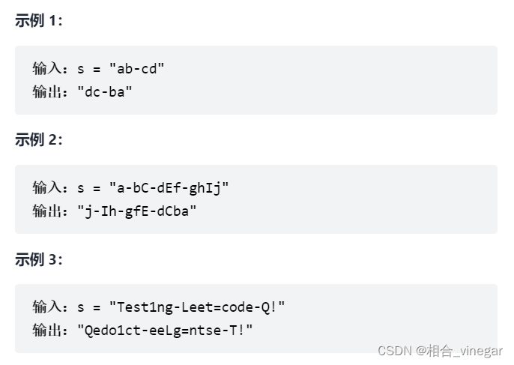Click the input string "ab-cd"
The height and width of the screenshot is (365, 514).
tap(136, 69)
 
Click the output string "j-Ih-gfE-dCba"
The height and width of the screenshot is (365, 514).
tap(137, 211)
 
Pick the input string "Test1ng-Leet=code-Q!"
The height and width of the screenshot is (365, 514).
tap(197, 307)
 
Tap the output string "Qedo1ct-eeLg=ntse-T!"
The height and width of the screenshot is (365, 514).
tap(165, 331)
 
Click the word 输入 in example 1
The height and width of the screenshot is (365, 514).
tap(47, 69)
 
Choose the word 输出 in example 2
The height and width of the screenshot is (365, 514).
tap(47, 211)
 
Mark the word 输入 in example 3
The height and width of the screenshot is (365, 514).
tap(47, 307)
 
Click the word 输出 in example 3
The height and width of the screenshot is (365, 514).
tap(47, 331)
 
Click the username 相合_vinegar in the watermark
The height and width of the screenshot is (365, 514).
tap(465, 351)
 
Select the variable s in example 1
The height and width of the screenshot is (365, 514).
tap(81, 69)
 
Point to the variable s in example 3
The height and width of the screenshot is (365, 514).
tap(81, 307)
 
